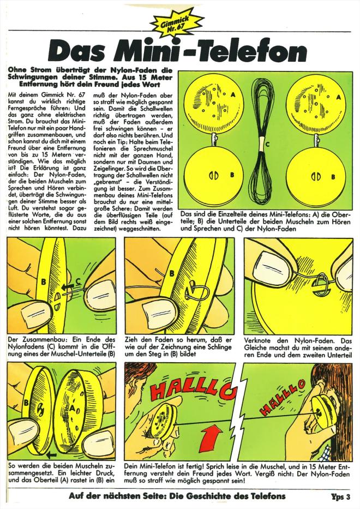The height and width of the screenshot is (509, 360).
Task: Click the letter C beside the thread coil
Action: tap(267, 144)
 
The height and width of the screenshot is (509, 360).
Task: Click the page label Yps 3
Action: tap(340, 496)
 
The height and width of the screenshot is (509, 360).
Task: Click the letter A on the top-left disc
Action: tap(233, 95)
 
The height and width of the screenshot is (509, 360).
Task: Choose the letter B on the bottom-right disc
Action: tap(333, 177)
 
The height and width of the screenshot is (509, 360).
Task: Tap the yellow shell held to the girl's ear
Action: tap(320, 416)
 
